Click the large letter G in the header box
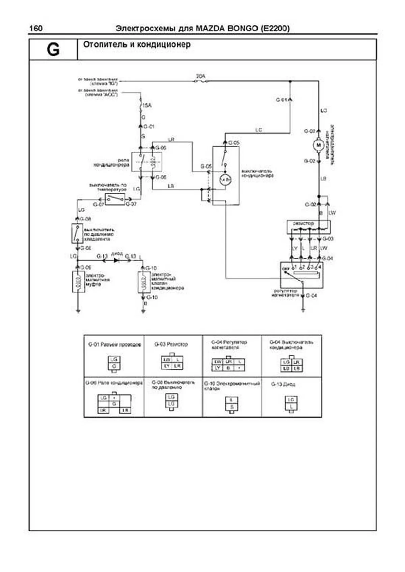53,50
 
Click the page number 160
36,28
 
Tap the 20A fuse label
201,77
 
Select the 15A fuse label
147,106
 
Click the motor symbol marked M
318,145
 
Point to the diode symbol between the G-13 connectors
116,260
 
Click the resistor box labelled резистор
308,227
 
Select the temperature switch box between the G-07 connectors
115,200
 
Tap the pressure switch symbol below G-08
77,233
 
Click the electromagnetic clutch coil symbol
78,281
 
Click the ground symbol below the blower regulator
303,310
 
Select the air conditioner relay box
146,162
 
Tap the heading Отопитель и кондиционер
137,44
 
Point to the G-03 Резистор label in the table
171,344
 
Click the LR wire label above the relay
171,139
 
